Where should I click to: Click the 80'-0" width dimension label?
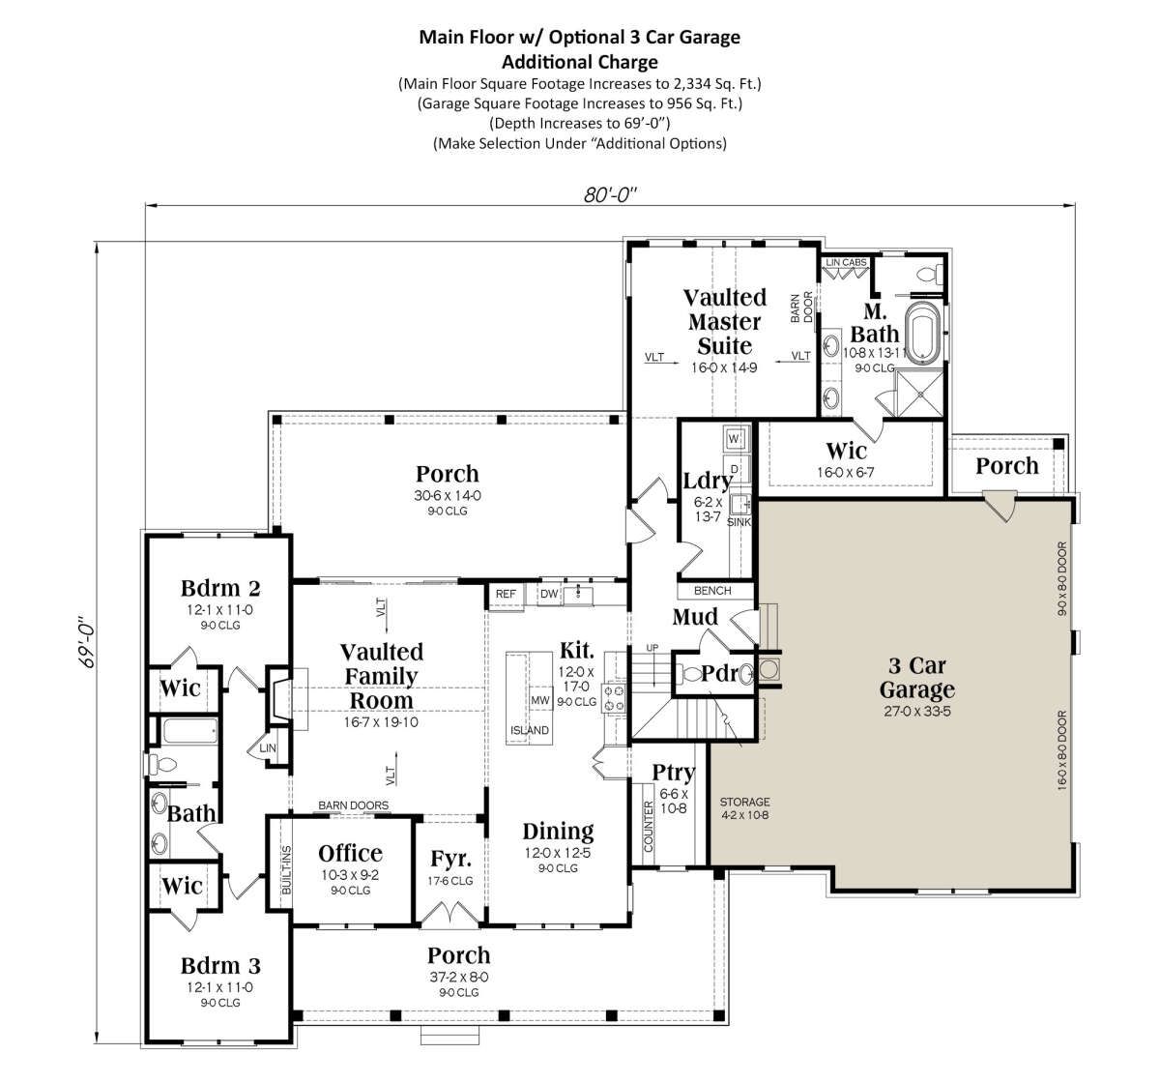(610, 194)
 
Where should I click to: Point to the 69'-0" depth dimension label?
(88, 642)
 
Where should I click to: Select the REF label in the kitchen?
(506, 594)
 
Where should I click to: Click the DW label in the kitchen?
(549, 594)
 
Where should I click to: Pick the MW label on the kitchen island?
(540, 700)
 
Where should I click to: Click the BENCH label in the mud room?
(712, 590)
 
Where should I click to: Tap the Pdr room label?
(719, 674)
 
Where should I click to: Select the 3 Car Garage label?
(917, 678)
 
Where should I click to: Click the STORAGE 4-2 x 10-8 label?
(744, 808)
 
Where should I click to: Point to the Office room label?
(351, 853)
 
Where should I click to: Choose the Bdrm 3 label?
(220, 966)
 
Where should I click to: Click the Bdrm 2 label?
(220, 588)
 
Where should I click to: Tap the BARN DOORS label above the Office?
(354, 805)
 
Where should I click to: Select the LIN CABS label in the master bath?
(847, 262)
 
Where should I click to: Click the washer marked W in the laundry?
(735, 438)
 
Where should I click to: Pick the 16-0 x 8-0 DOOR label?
(1062, 750)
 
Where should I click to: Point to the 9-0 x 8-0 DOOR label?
(1062, 578)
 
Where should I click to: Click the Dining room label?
(558, 831)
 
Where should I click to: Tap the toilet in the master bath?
(930, 273)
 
